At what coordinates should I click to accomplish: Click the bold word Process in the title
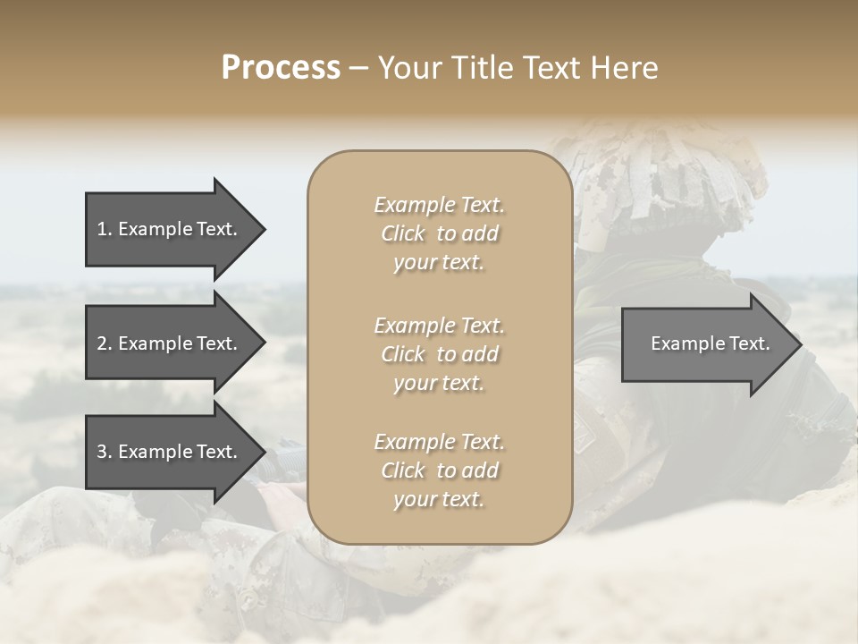(x=281, y=68)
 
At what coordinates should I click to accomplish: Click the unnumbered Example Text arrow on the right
(x=710, y=343)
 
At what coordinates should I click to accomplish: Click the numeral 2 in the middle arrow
(x=102, y=343)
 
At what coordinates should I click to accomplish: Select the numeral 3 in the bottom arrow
(x=102, y=452)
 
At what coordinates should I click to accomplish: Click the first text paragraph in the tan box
(x=439, y=233)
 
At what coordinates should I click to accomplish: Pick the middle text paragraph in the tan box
(x=439, y=354)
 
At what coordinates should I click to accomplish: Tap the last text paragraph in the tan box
(x=439, y=470)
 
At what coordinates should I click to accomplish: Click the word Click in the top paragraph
(x=403, y=233)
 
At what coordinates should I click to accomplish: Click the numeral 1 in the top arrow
(x=101, y=229)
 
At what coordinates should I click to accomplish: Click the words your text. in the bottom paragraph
(x=439, y=499)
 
